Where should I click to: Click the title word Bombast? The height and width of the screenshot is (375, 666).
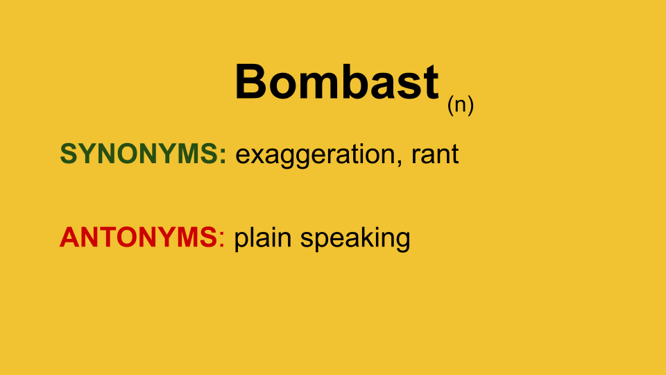(x=337, y=81)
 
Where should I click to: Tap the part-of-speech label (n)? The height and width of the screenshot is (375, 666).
(x=460, y=105)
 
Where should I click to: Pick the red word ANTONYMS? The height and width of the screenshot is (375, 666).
(x=138, y=237)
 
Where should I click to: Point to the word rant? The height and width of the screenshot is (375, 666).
(x=435, y=153)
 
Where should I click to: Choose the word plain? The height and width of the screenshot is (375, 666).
(x=262, y=238)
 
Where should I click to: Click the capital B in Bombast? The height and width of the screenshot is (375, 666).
(x=252, y=81)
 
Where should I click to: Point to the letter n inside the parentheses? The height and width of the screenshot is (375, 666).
(x=461, y=106)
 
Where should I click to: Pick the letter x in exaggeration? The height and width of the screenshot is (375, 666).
(x=257, y=156)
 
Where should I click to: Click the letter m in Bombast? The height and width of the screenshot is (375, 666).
(x=314, y=85)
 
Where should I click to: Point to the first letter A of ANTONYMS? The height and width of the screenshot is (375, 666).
(x=70, y=237)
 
